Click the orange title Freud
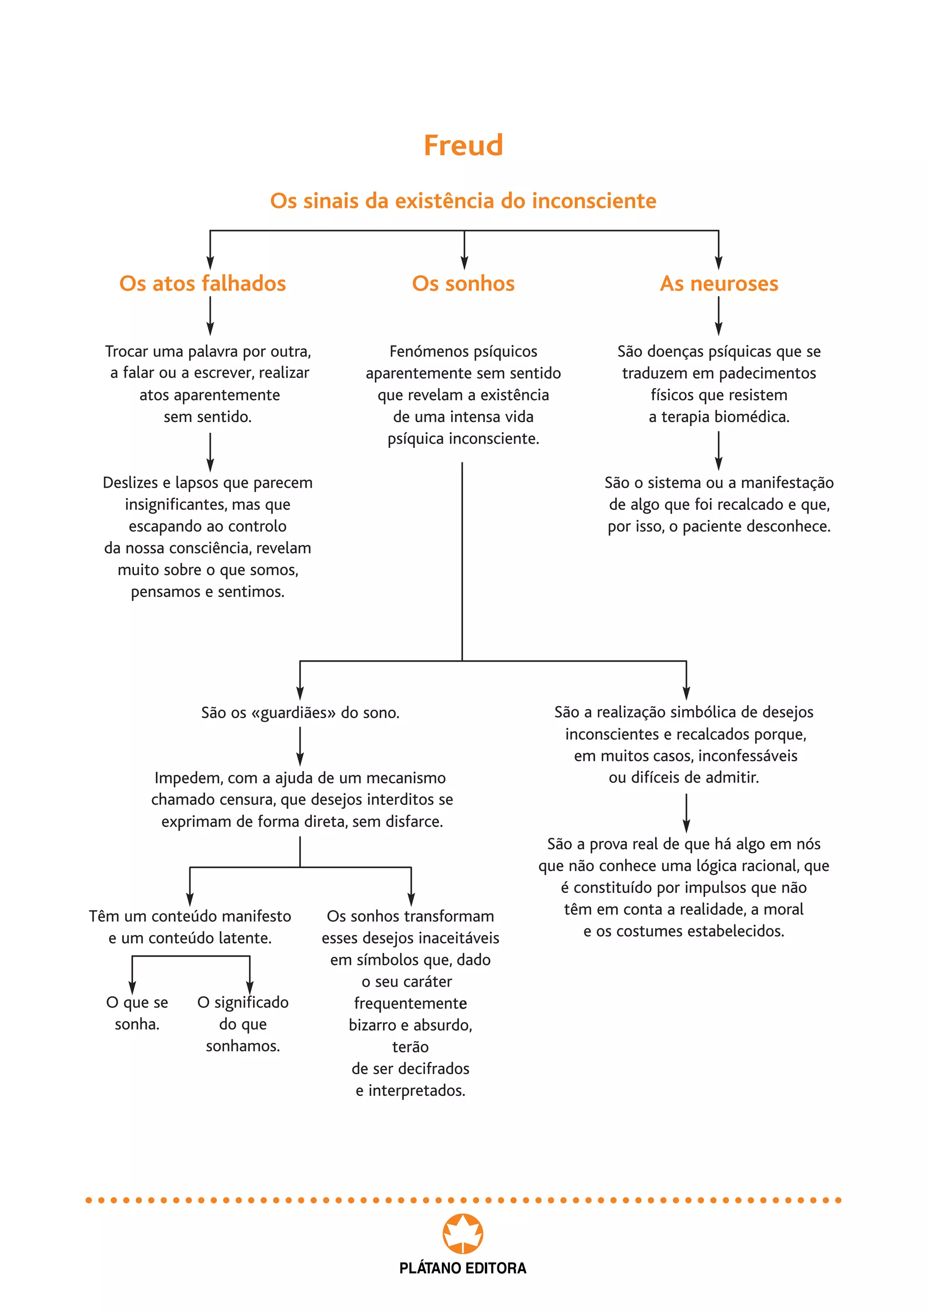(x=463, y=146)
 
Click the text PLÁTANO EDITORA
(x=463, y=1268)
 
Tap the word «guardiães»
(x=293, y=713)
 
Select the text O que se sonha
(x=137, y=1013)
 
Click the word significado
(x=251, y=1002)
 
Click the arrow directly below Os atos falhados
(x=210, y=317)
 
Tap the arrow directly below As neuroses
(x=719, y=317)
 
